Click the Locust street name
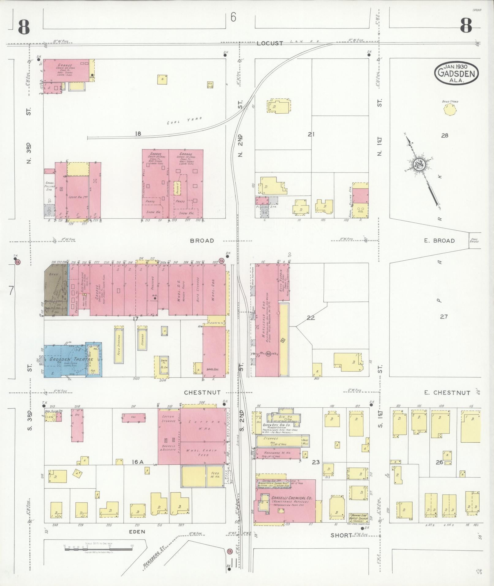pyautogui.click(x=270, y=43)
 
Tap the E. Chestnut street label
pyautogui.click(x=451, y=392)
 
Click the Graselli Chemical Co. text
pyautogui.click(x=292, y=498)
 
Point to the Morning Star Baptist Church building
pyautogui.click(x=359, y=517)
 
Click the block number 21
pyautogui.click(x=311, y=134)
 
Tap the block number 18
pyautogui.click(x=138, y=134)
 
